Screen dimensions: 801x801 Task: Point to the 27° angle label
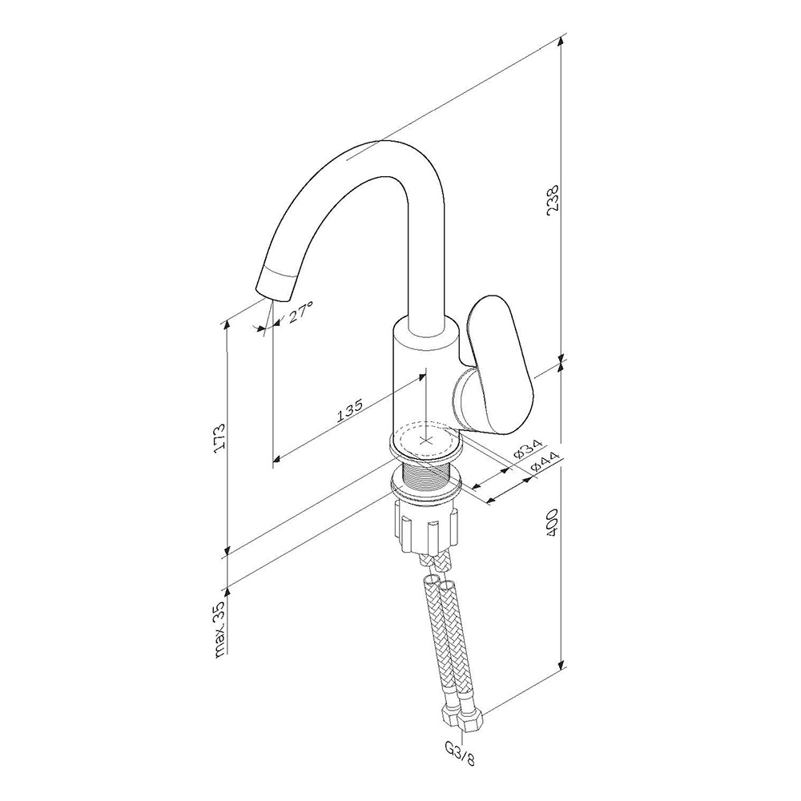[x=300, y=312]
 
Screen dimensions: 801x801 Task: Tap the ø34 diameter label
[x=529, y=449]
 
